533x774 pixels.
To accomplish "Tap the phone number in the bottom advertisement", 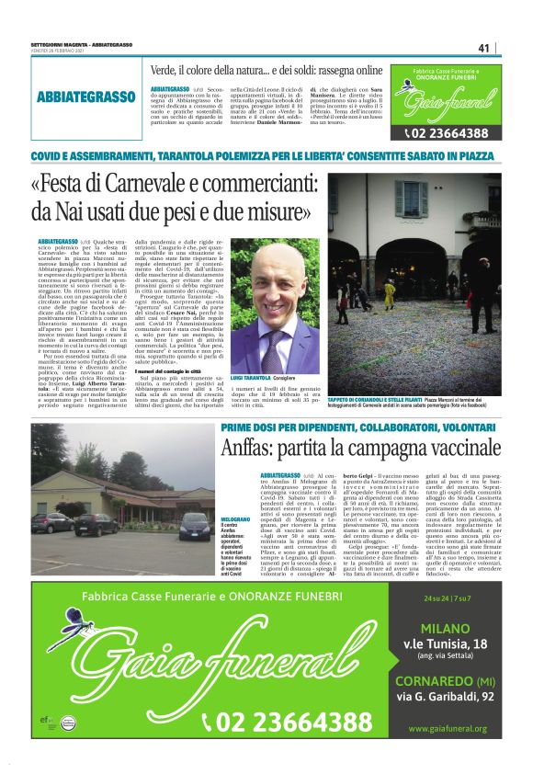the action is pos(293,719).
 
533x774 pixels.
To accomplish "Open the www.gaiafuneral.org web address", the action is pos(448,729).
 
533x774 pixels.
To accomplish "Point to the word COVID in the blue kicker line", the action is pos(47,155).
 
